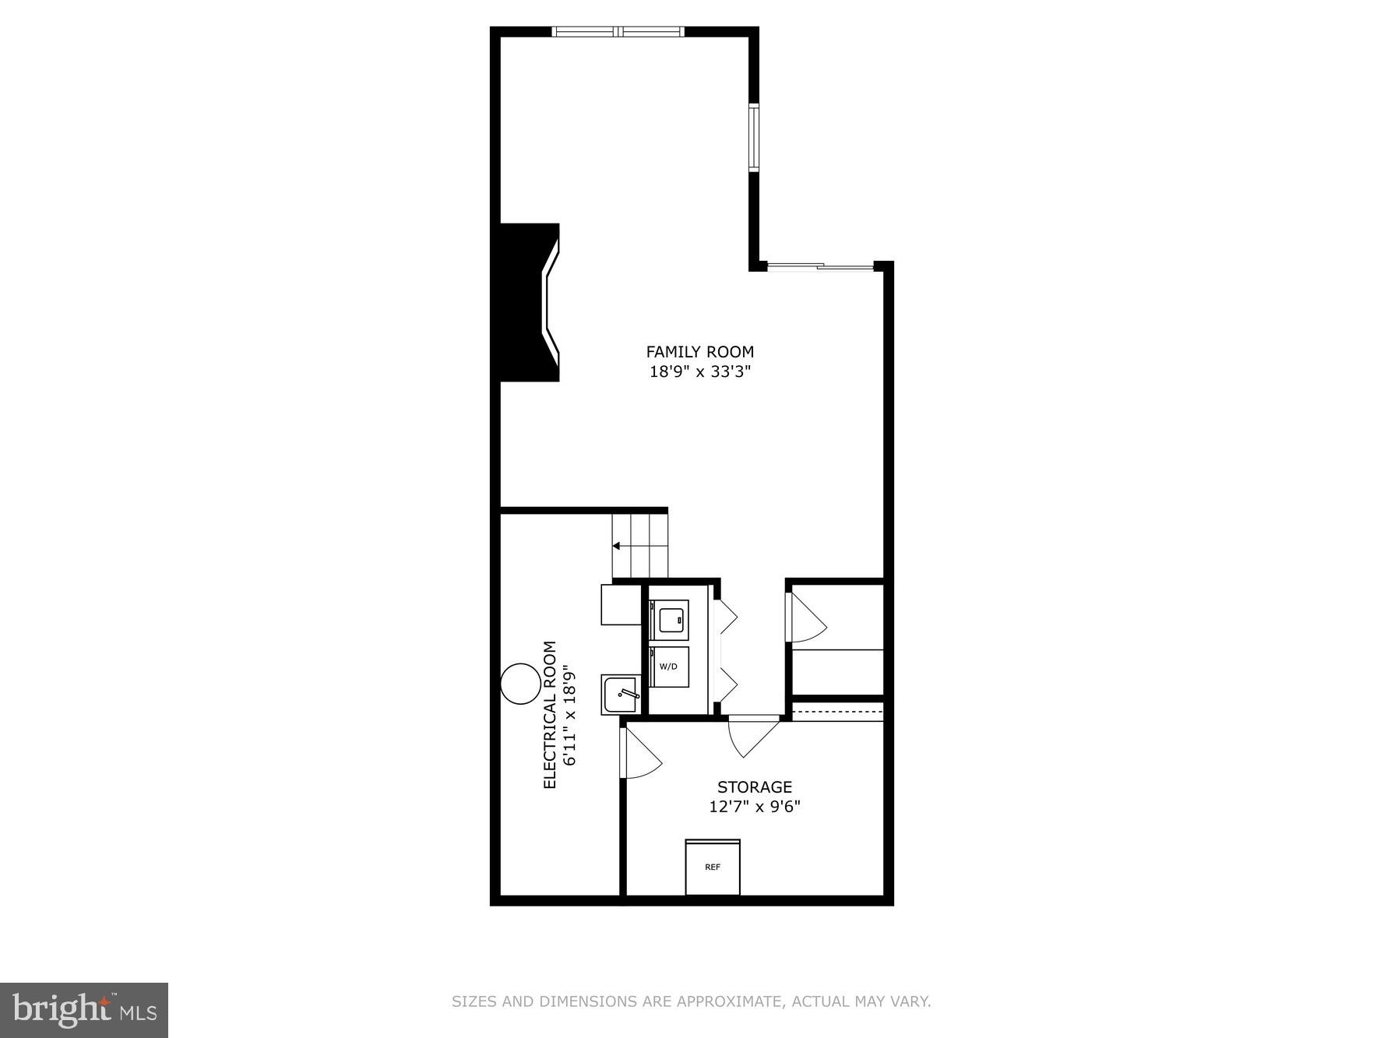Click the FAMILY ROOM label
(699, 352)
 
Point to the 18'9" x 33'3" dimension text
(699, 371)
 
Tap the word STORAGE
(754, 786)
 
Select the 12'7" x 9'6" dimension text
(754, 806)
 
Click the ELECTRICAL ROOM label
(550, 714)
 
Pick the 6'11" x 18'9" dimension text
(569, 714)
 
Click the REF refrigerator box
(712, 867)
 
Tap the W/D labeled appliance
(669, 667)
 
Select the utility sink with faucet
(621, 693)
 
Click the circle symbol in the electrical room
(519, 684)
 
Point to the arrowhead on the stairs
(616, 546)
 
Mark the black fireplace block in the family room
(524, 302)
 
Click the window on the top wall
(618, 32)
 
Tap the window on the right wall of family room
(753, 137)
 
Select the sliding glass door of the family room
(820, 267)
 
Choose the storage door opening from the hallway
(752, 734)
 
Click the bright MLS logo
(84, 1010)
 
